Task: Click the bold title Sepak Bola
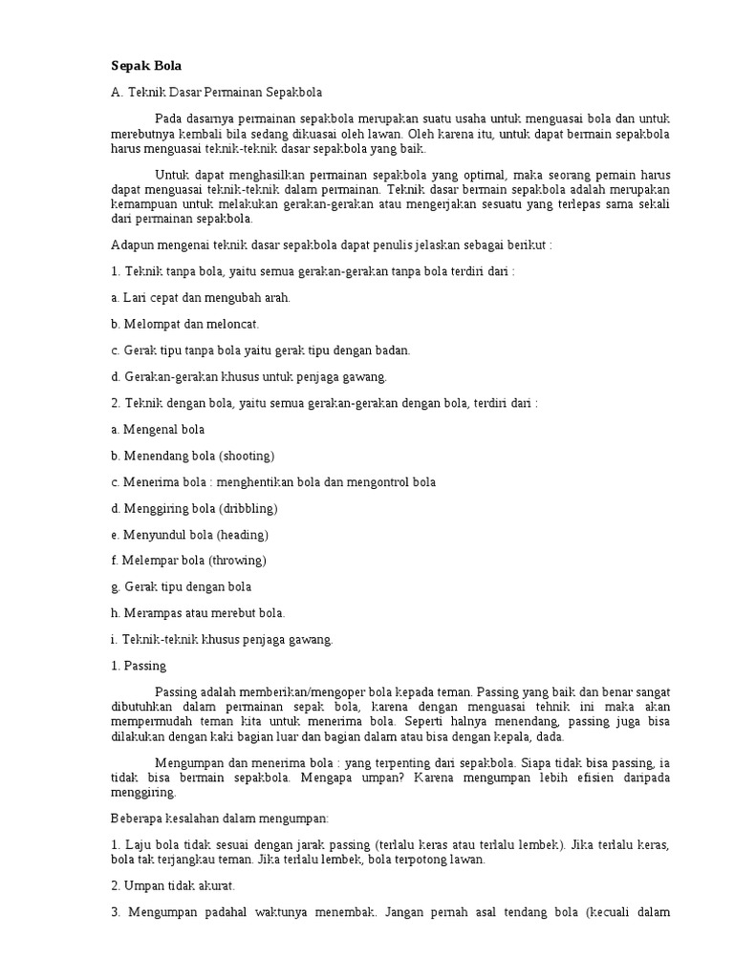(x=146, y=66)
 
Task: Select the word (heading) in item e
(x=242, y=534)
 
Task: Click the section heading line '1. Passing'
(x=139, y=665)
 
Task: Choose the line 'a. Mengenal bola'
(x=158, y=430)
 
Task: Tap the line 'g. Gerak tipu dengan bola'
(x=182, y=586)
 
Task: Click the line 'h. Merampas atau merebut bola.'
(x=198, y=612)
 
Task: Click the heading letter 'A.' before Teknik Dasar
(x=119, y=93)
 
